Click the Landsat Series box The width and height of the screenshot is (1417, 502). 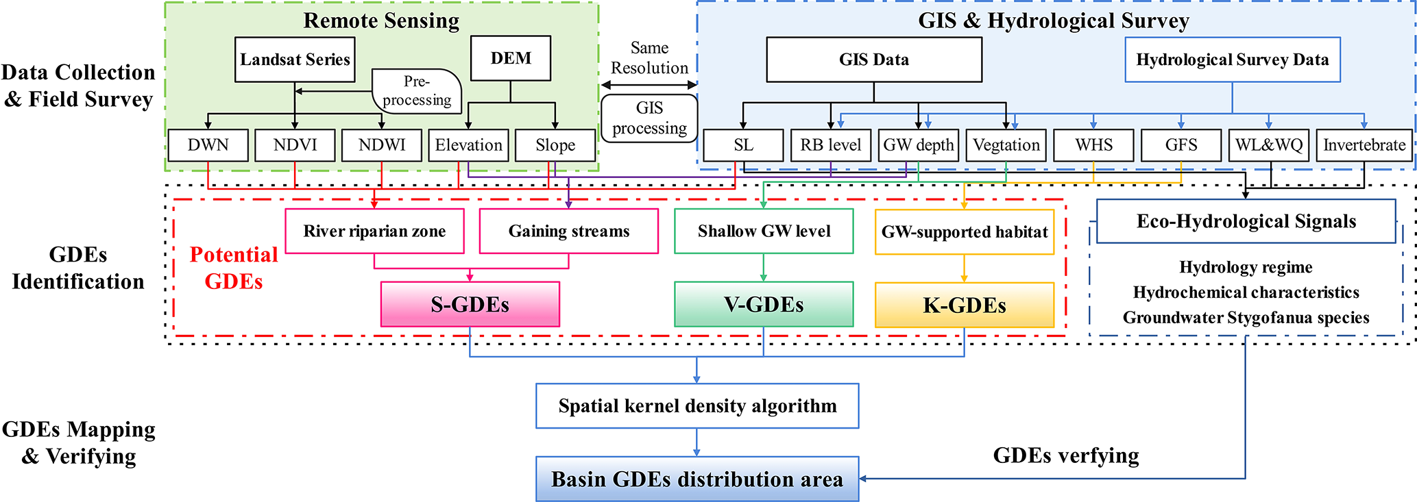click(295, 60)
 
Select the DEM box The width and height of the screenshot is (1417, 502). click(511, 58)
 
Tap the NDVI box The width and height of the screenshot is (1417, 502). click(295, 145)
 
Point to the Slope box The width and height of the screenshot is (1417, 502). click(555, 145)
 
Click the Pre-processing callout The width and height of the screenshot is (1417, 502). click(417, 91)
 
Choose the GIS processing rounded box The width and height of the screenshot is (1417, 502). click(649, 118)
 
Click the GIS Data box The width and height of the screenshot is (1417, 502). click(873, 60)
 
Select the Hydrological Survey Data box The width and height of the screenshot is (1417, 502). click(1232, 60)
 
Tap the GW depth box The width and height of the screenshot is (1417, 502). click(918, 145)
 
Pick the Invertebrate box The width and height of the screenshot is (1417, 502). click(1364, 145)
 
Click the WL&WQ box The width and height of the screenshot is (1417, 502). click(1269, 145)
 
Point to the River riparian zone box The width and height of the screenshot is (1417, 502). click(374, 231)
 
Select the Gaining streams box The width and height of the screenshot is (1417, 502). click(568, 231)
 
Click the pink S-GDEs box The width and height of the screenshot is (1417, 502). click(470, 305)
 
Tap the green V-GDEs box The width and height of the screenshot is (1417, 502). click(764, 305)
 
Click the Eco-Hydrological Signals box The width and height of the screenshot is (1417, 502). click(1246, 221)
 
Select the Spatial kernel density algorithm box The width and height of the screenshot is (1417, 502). click(697, 406)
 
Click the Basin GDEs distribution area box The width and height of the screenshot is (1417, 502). click(697, 479)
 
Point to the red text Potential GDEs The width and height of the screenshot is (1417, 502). click(233, 268)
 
